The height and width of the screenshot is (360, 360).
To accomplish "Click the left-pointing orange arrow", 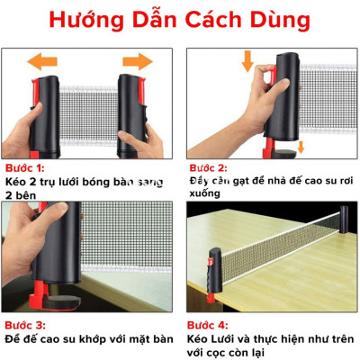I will (x=47, y=61).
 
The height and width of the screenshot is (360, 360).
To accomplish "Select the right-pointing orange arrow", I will (x=137, y=61).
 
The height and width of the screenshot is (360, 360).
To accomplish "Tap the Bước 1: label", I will (x=26, y=168).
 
